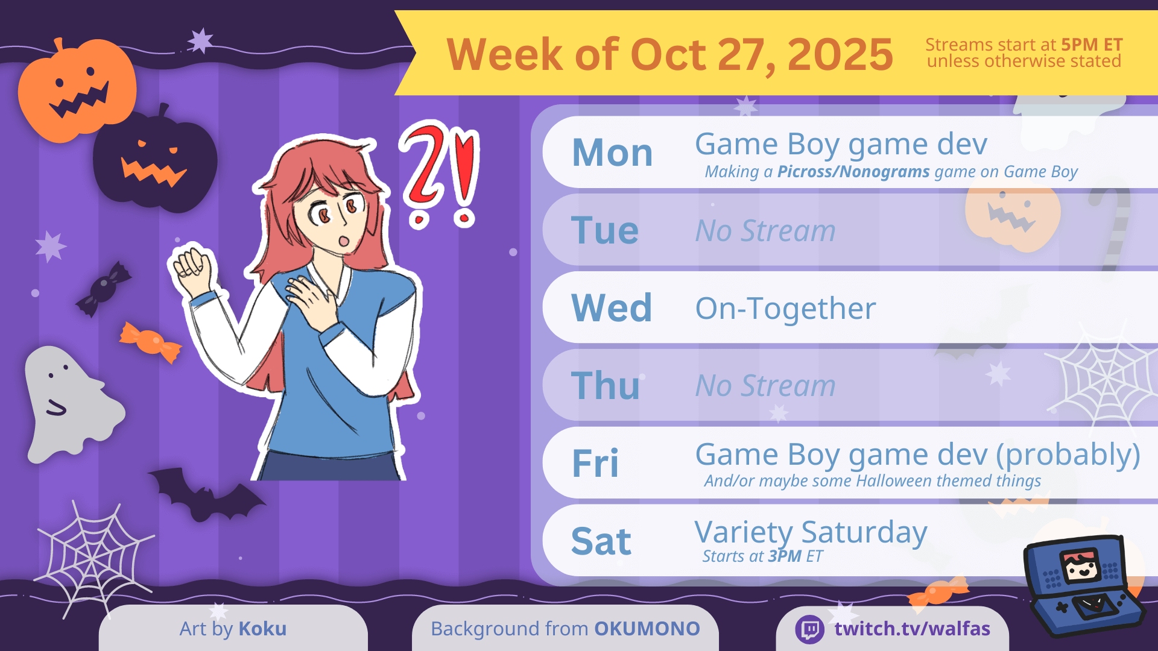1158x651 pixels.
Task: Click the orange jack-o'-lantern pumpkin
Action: click(x=77, y=90)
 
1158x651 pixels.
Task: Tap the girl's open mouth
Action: click(x=344, y=241)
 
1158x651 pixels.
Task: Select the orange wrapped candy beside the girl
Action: click(x=150, y=342)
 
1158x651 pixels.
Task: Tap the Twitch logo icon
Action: click(x=810, y=629)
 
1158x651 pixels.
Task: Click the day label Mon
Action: click(x=612, y=153)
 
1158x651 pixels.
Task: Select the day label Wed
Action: click(x=612, y=307)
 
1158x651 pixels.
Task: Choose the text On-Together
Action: click(x=785, y=308)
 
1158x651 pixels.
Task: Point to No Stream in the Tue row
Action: click(x=765, y=231)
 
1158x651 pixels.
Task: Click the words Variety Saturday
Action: click(x=811, y=533)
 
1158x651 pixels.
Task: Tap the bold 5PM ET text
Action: click(x=1092, y=45)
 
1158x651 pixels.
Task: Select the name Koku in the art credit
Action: click(x=262, y=629)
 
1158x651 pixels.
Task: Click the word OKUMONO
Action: click(x=647, y=629)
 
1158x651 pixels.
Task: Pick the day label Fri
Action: click(x=595, y=463)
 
